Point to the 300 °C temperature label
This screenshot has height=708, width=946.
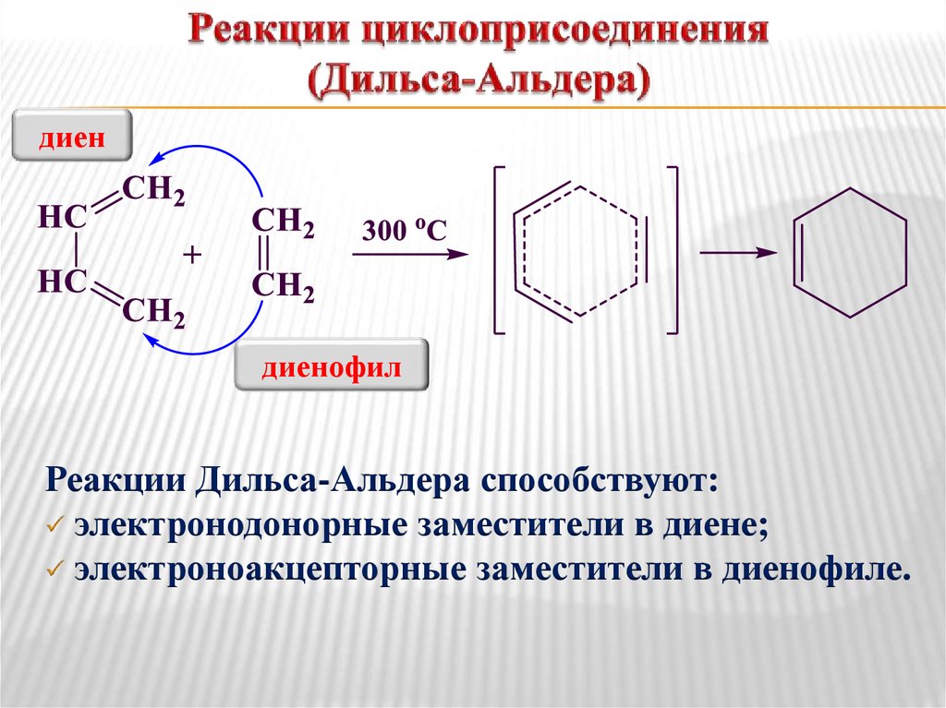[x=404, y=231]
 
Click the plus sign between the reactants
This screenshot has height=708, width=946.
[x=192, y=254]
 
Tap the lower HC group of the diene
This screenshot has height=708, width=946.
[x=62, y=281]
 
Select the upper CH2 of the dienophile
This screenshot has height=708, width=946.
[x=283, y=222]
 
